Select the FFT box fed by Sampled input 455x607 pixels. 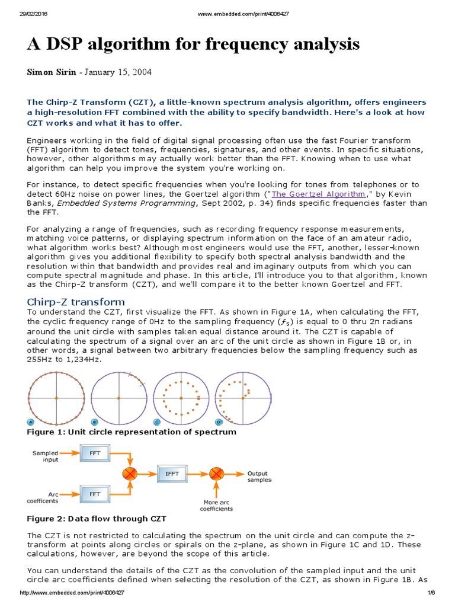coord(95,454)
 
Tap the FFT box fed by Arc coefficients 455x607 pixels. coord(95,493)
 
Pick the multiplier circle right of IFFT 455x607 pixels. coord(217,474)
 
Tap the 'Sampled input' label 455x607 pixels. coord(46,456)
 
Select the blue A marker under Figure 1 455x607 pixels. coord(30,421)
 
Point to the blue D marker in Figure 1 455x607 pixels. coord(219,421)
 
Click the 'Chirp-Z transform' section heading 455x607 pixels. coord(76,302)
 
